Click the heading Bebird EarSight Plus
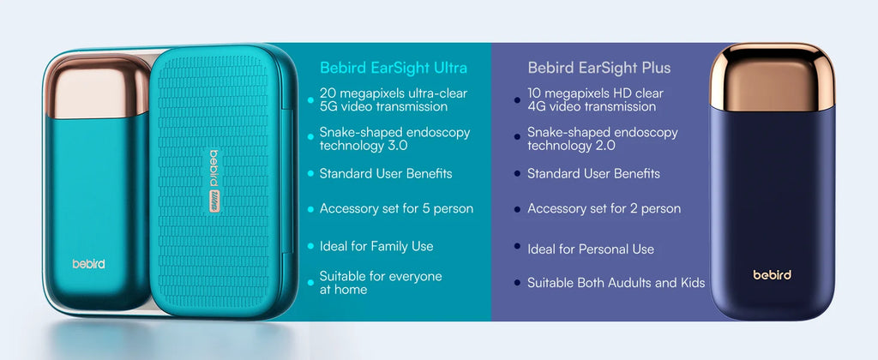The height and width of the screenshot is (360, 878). [599, 68]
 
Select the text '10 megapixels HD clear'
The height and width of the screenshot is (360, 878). [595, 93]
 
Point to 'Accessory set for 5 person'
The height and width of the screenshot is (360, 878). [396, 208]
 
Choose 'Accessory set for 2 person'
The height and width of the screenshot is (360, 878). [604, 208]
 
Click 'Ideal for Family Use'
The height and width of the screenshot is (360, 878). [376, 246]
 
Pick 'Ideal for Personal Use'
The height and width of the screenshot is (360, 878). [591, 249]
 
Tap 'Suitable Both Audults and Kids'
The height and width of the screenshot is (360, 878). [616, 283]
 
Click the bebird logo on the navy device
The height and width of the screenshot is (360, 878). [772, 275]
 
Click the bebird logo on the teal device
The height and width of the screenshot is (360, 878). [88, 264]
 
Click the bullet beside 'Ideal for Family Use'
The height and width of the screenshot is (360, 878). [310, 247]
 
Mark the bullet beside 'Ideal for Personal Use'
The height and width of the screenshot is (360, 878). [517, 247]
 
